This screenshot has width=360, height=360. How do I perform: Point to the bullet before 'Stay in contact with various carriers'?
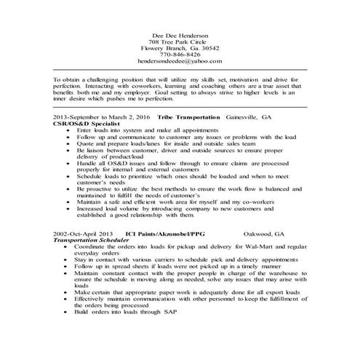pyautogui.click(x=67, y=260)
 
